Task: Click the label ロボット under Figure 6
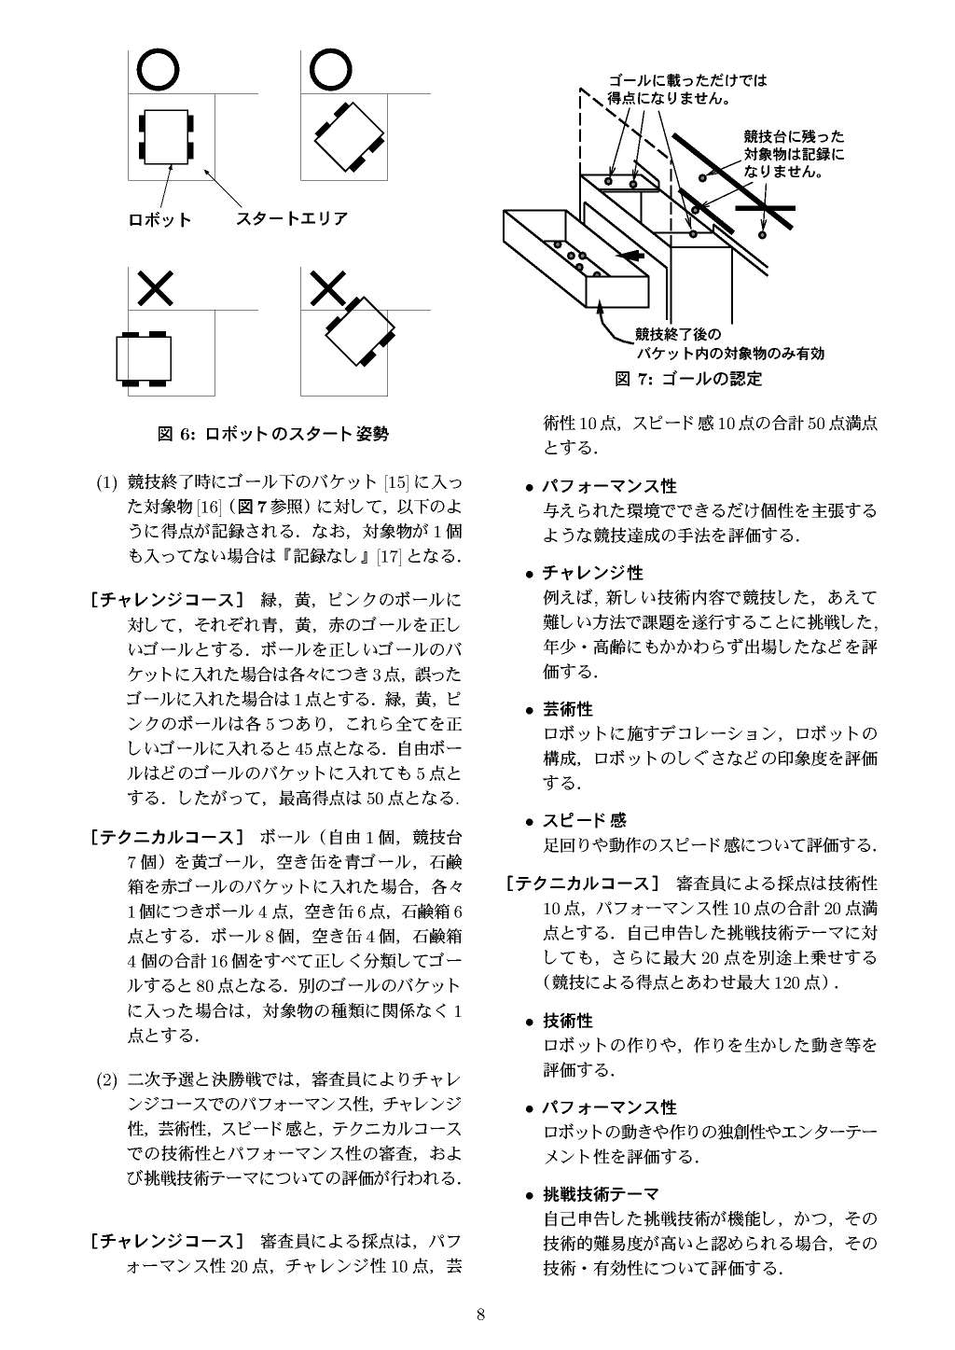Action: (x=159, y=220)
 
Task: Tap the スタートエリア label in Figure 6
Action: (x=291, y=219)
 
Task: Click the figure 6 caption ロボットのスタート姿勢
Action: (x=272, y=434)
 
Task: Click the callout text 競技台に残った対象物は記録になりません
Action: (x=793, y=153)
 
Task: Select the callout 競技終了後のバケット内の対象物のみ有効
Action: (x=729, y=344)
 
